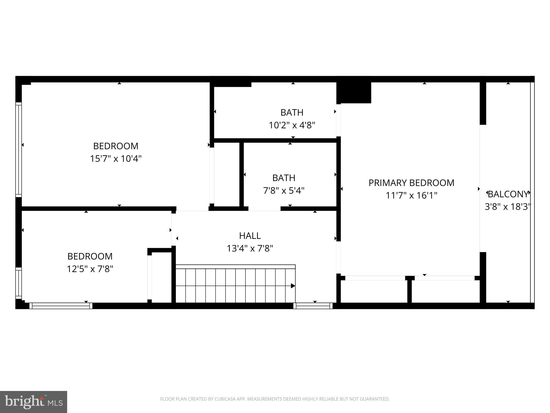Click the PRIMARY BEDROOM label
click(x=411, y=183)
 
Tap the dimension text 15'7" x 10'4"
click(x=115, y=159)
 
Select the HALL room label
click(x=250, y=236)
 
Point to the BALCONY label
click(x=508, y=194)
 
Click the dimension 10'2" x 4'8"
click(x=292, y=125)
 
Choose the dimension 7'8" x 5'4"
click(x=284, y=191)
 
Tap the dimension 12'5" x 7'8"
click(x=90, y=269)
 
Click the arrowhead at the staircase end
click(x=293, y=286)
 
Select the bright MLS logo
click(x=34, y=402)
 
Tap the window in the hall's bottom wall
click(x=313, y=306)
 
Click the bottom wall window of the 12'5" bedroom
click(x=61, y=306)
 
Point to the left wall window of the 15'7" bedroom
click(x=18, y=149)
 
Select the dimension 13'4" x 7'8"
click(x=250, y=248)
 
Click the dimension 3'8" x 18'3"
click(x=508, y=207)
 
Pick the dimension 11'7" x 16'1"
click(x=411, y=195)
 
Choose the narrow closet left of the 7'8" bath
click(x=227, y=175)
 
